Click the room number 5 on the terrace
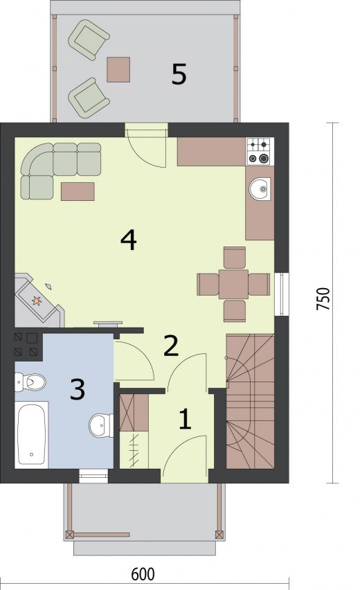(x=179, y=74)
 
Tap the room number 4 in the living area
(x=129, y=240)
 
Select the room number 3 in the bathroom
(x=78, y=389)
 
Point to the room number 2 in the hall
(x=171, y=346)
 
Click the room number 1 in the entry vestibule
(x=185, y=419)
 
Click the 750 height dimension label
(x=323, y=298)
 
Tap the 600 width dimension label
(x=143, y=575)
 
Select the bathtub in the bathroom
(x=32, y=435)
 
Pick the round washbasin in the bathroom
(x=101, y=426)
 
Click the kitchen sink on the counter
(x=260, y=188)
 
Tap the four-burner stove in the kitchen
(x=260, y=152)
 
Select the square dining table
(x=233, y=284)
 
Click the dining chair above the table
(x=235, y=258)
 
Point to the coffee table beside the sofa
(x=78, y=192)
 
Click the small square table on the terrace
(x=118, y=70)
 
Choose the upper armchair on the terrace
(x=89, y=39)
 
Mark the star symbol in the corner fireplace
(x=37, y=301)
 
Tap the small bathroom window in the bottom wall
(x=93, y=476)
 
